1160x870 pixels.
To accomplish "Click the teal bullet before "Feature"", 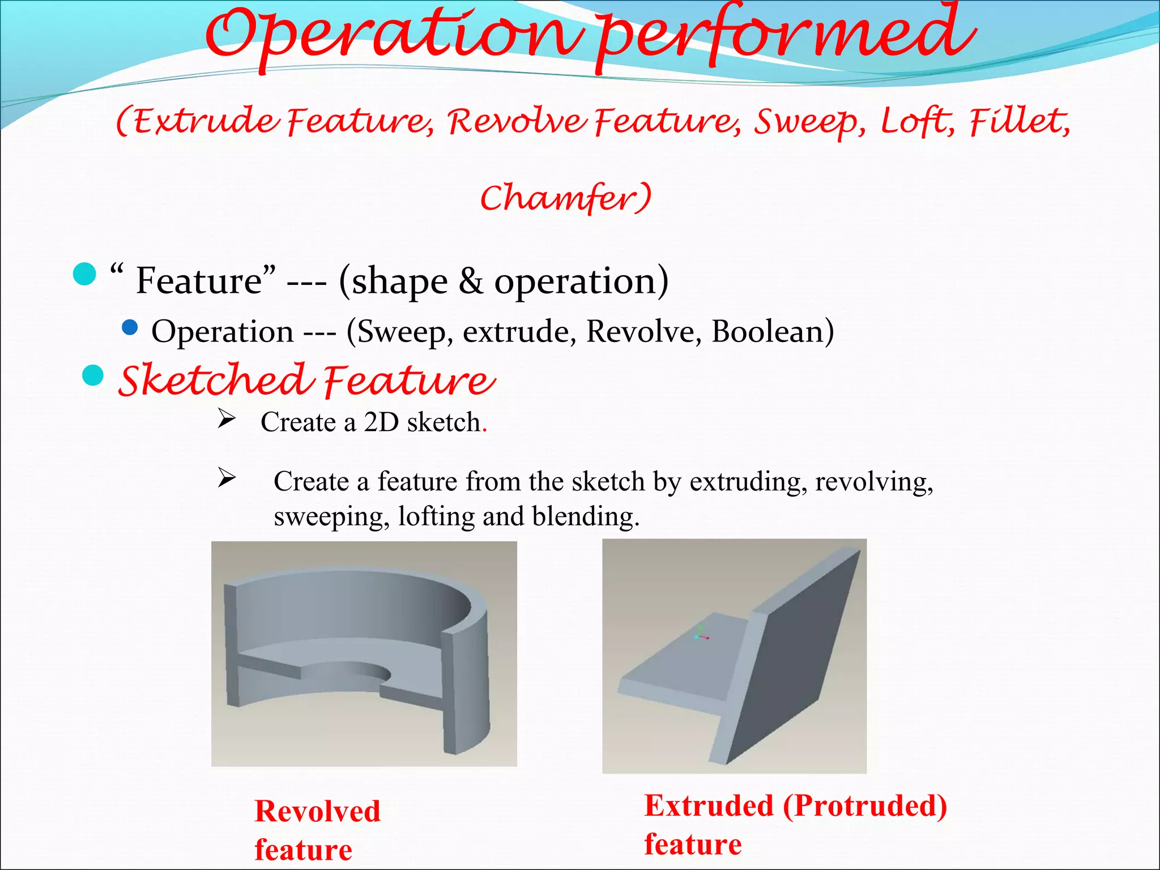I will [x=85, y=274].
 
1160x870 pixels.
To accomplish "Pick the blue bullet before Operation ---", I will [x=130, y=328].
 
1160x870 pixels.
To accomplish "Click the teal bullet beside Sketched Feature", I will [x=93, y=375].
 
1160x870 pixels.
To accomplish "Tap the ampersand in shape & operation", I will [x=471, y=281].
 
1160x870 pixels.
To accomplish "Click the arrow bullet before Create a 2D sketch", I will [x=227, y=420].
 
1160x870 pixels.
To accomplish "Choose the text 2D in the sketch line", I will [x=381, y=423].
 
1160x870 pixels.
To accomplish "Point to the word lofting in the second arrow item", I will [x=436, y=517].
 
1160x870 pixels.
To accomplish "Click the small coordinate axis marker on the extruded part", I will [x=701, y=635].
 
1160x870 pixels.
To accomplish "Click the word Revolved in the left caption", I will [x=317, y=811].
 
